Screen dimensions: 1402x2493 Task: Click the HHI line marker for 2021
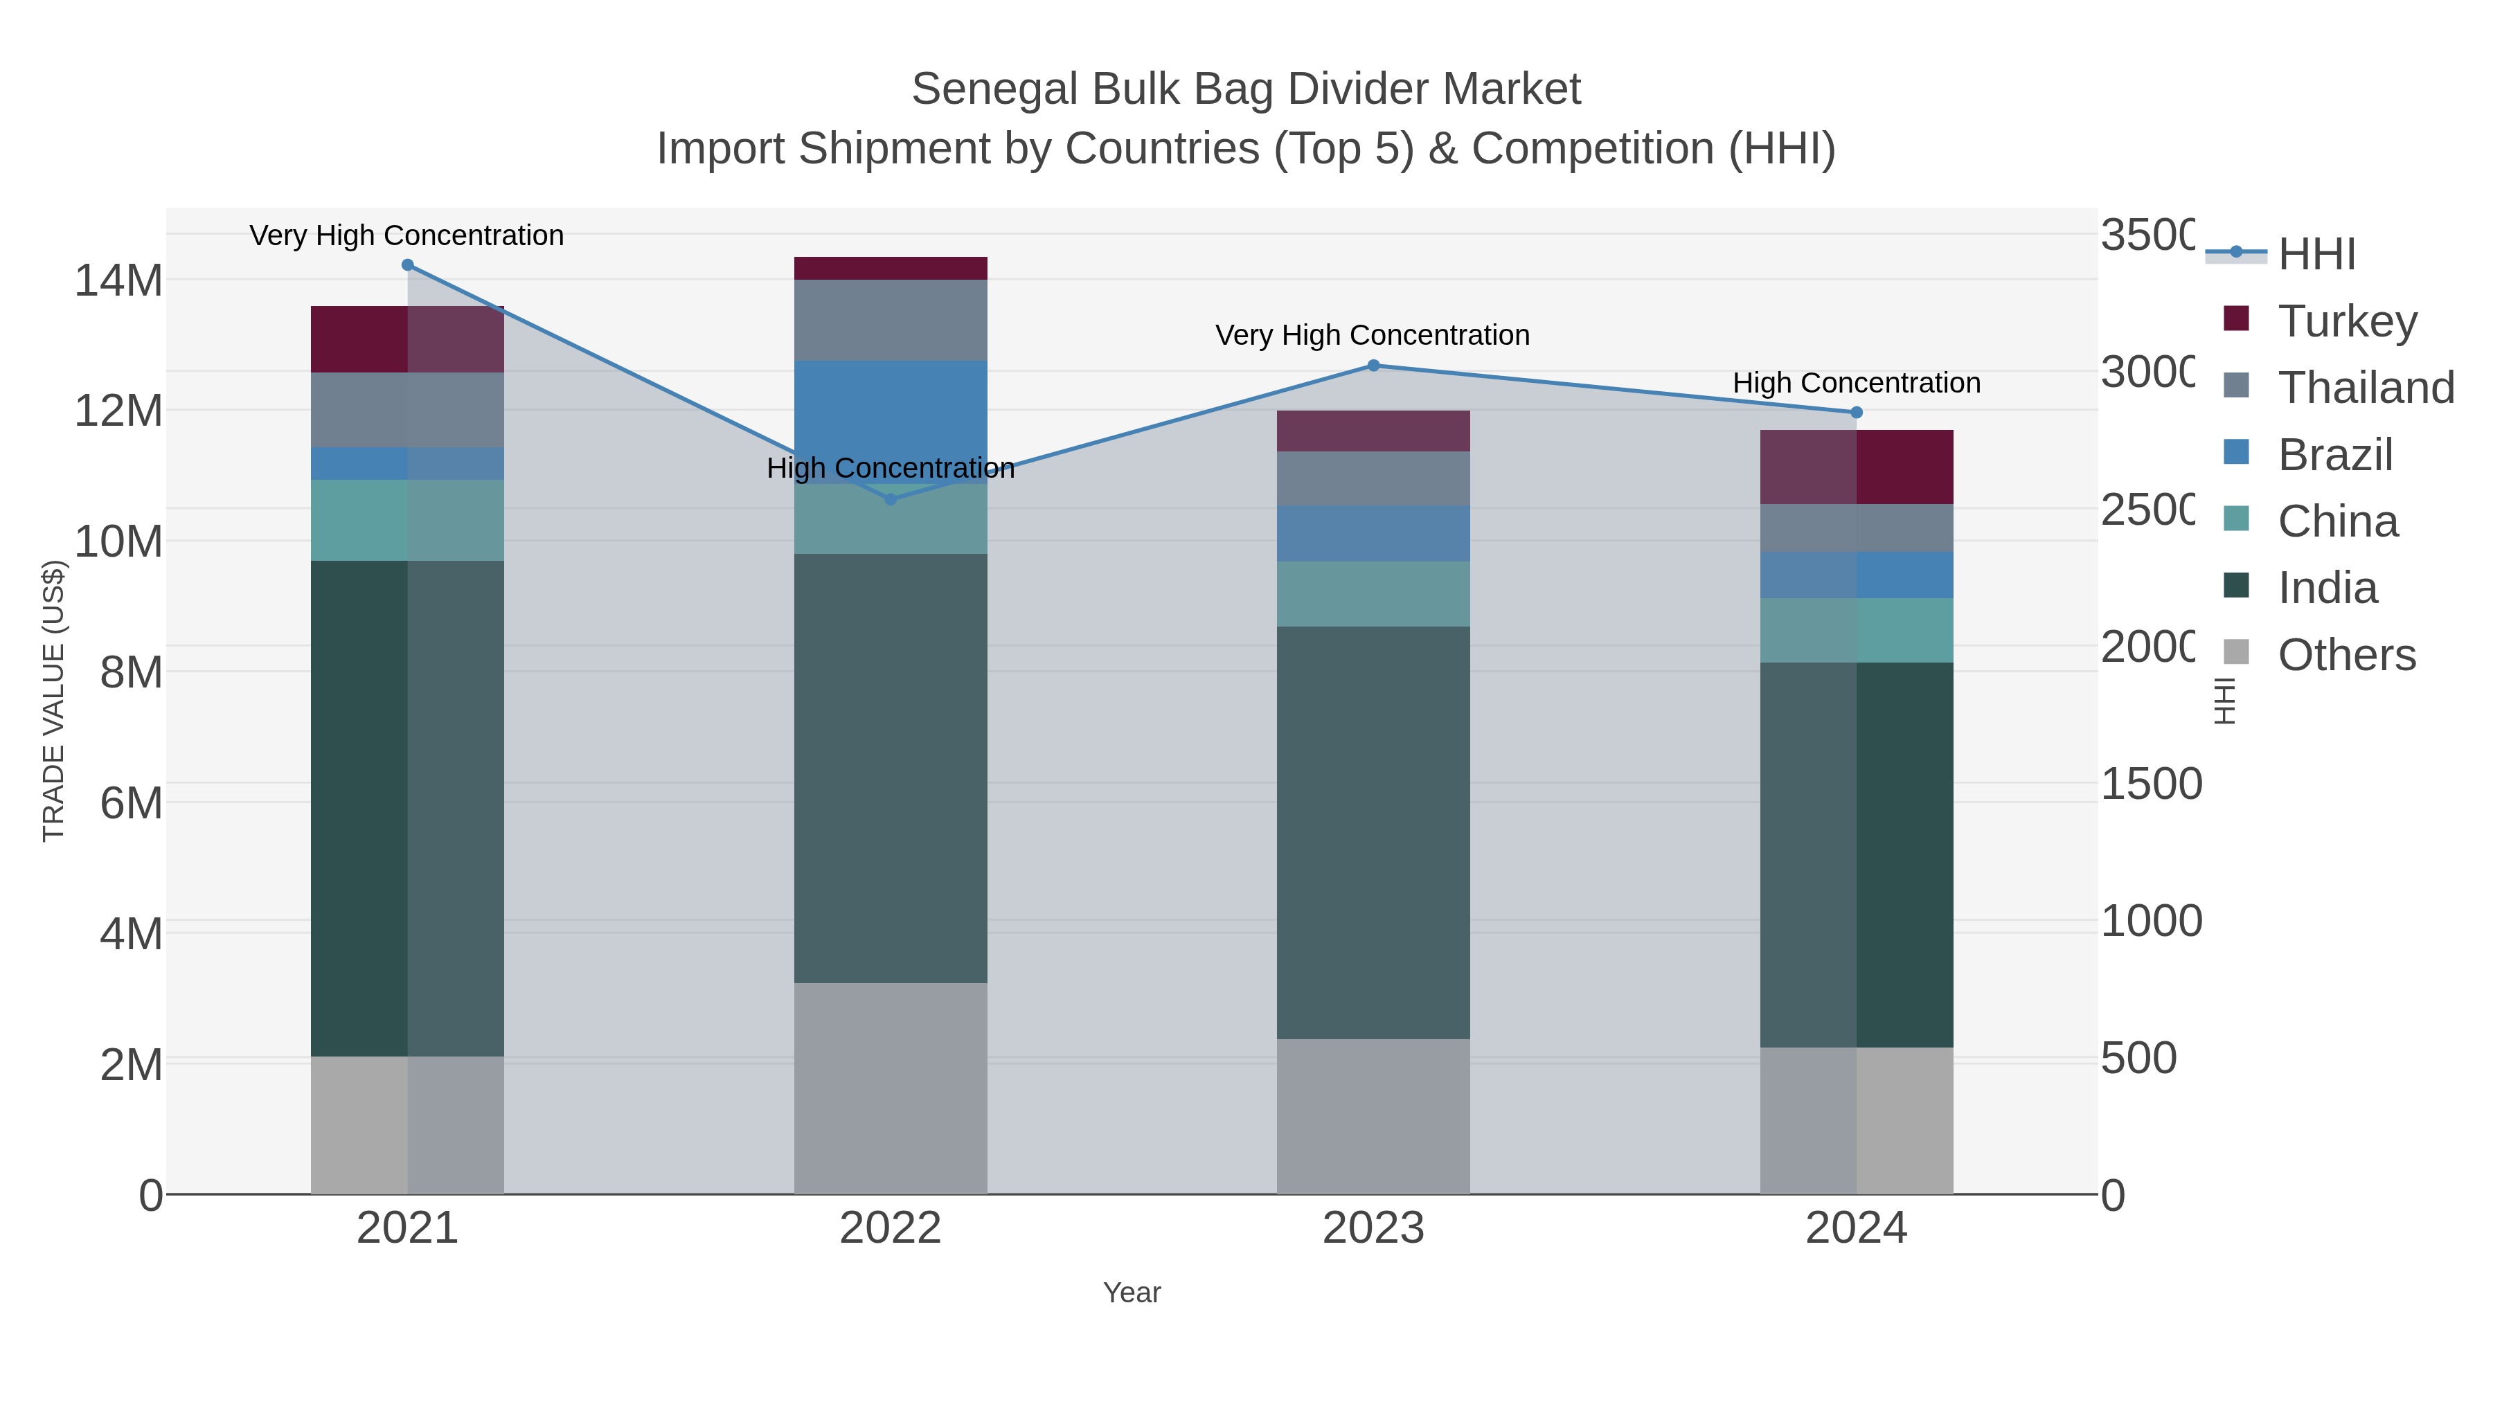click(407, 265)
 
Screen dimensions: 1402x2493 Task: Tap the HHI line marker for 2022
click(891, 499)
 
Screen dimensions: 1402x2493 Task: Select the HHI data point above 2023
click(1373, 366)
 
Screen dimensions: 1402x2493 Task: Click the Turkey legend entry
click(2347, 321)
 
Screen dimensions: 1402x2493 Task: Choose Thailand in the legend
click(2366, 388)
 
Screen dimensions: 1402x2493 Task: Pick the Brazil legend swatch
click(2237, 453)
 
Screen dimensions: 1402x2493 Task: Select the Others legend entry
click(2346, 655)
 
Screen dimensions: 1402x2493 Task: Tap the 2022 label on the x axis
click(891, 1229)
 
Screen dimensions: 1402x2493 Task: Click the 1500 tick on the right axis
click(2150, 784)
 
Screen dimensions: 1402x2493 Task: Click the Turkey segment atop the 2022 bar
click(891, 268)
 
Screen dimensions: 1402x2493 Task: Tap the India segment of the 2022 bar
click(891, 769)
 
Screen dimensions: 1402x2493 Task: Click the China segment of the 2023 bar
click(1373, 594)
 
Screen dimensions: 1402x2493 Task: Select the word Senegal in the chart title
click(995, 90)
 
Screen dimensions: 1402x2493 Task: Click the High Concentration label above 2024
click(1856, 383)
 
